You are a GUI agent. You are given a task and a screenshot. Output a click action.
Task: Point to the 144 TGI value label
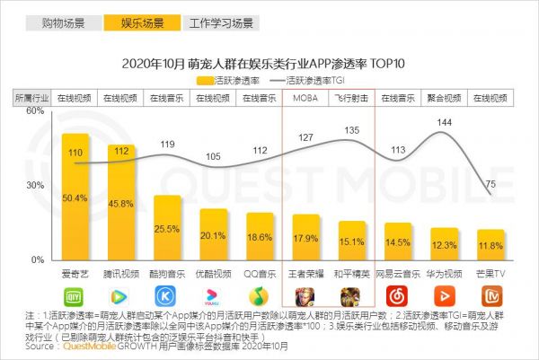point(443,121)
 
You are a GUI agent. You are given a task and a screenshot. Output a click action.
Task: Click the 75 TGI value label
point(490,184)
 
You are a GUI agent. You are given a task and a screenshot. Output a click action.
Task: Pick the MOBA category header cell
point(305,98)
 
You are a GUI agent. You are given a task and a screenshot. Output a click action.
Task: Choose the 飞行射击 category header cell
point(350,98)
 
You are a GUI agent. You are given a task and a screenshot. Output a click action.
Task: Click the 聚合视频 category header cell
point(444,98)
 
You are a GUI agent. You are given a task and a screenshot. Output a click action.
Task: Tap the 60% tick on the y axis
point(35,110)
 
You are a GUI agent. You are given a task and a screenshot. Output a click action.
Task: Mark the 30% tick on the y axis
point(35,185)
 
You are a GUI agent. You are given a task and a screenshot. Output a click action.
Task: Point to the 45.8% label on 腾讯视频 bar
point(120,204)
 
